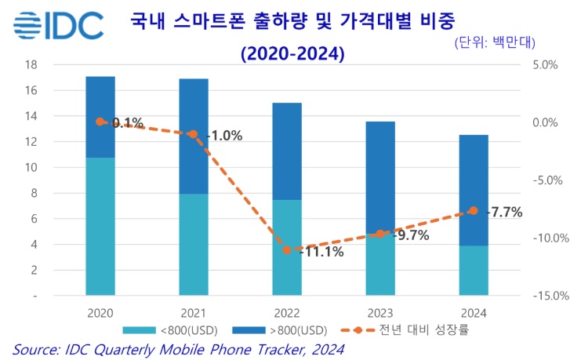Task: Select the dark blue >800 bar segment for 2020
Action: pos(100,117)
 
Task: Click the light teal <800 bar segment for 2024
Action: pos(473,271)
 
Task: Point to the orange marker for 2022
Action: pos(287,250)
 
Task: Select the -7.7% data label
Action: pos(505,212)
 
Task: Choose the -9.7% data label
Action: pos(412,235)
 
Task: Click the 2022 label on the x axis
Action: pos(286,313)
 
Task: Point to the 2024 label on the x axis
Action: pos(473,313)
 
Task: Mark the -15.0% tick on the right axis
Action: pos(540,296)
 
